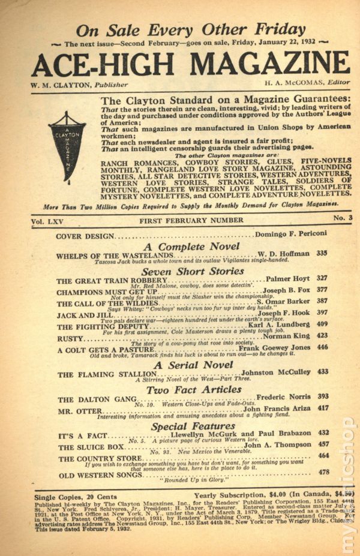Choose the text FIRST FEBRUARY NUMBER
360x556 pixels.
[x=191, y=221]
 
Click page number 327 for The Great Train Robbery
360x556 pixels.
[x=322, y=278]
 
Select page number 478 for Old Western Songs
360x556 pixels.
[x=323, y=472]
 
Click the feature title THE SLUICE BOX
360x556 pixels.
[x=91, y=447]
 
